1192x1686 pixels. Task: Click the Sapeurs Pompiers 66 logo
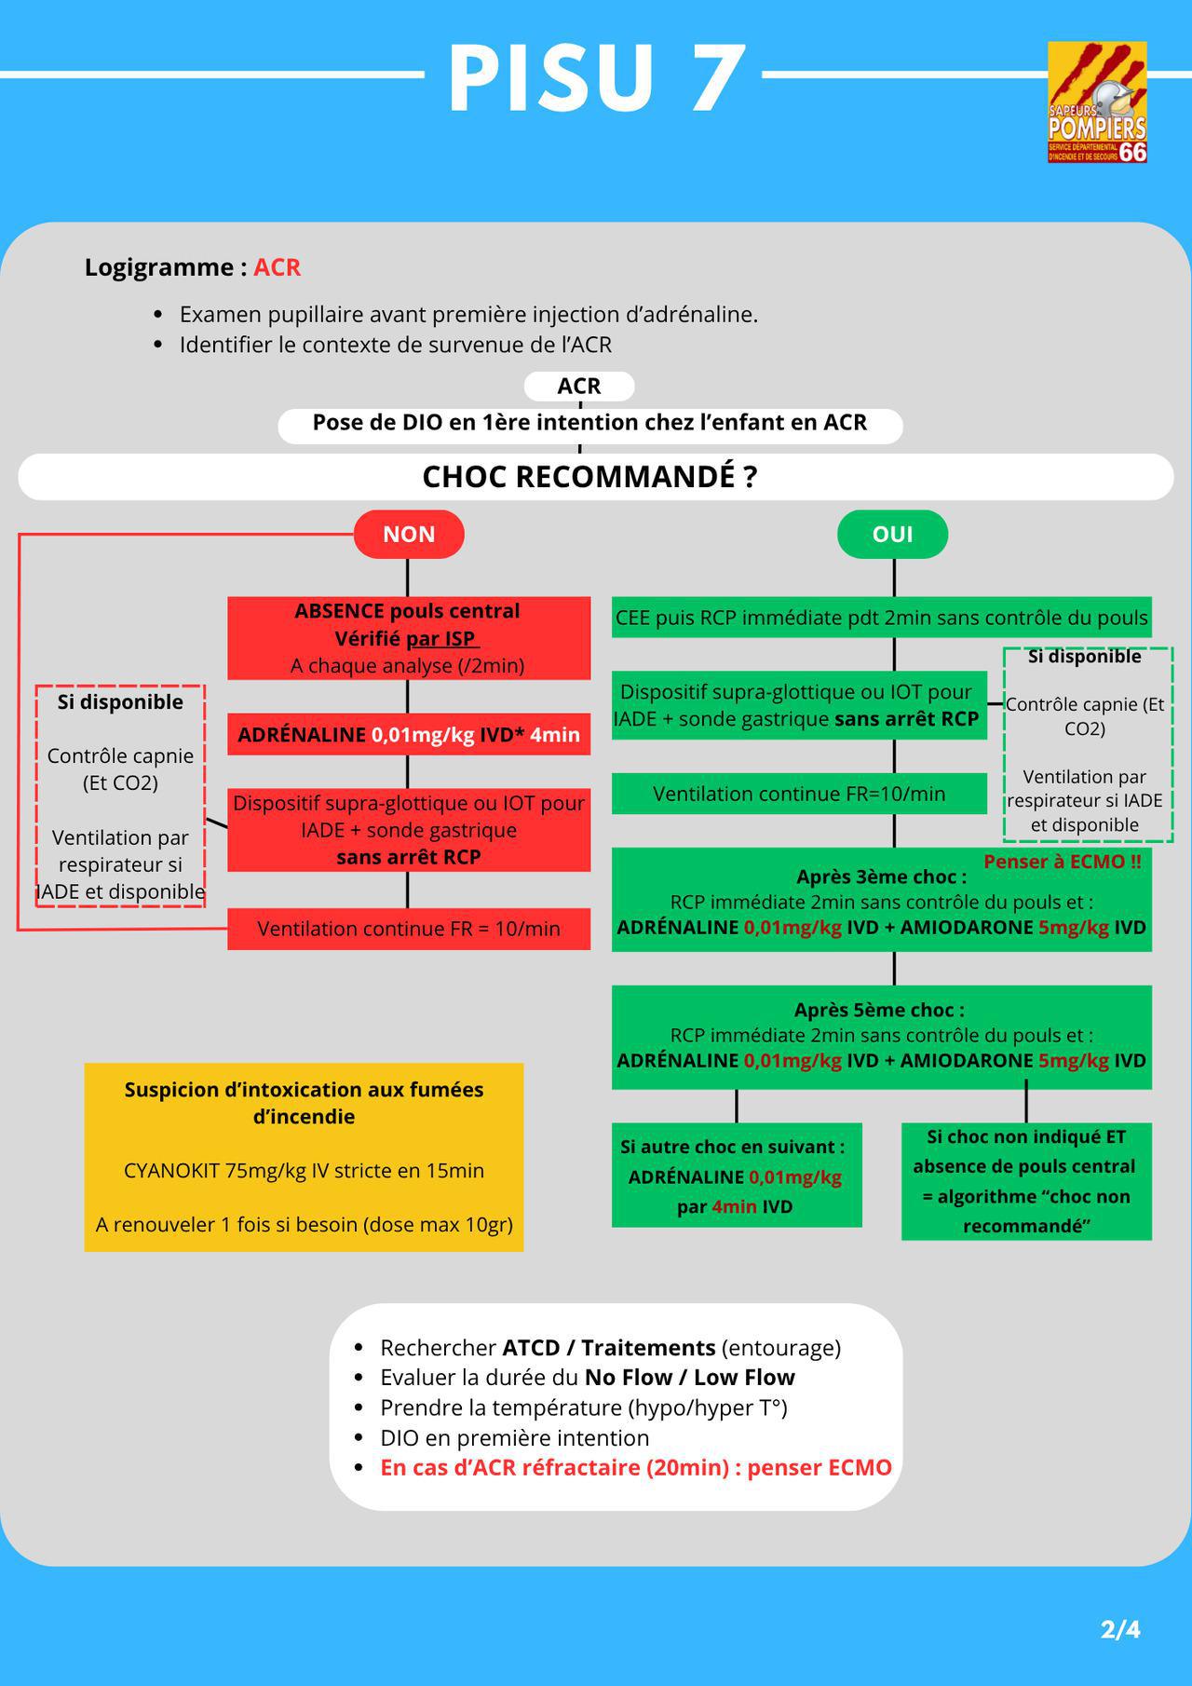[1097, 102]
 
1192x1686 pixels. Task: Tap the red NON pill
[409, 534]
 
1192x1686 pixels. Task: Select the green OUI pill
[893, 534]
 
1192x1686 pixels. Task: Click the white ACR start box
[579, 386]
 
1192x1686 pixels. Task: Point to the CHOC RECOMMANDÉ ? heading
[589, 477]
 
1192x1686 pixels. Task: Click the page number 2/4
[1120, 1629]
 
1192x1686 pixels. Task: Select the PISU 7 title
[596, 78]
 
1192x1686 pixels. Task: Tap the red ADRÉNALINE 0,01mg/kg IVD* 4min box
[409, 734]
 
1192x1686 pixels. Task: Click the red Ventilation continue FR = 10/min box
[409, 929]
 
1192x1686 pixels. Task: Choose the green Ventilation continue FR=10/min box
[799, 794]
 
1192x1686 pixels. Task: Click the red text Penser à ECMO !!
[1063, 862]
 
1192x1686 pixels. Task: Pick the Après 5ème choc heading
[879, 1010]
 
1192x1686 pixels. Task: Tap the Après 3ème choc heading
[881, 877]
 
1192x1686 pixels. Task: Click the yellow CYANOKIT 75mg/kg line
[304, 1171]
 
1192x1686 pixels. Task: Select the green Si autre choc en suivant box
[737, 1175]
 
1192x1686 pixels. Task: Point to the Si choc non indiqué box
[1026, 1181]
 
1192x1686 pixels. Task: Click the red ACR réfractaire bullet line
[636, 1468]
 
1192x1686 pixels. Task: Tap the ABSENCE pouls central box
[409, 638]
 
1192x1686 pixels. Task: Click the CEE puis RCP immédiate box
[882, 618]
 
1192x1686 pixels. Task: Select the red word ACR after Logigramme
[278, 267]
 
